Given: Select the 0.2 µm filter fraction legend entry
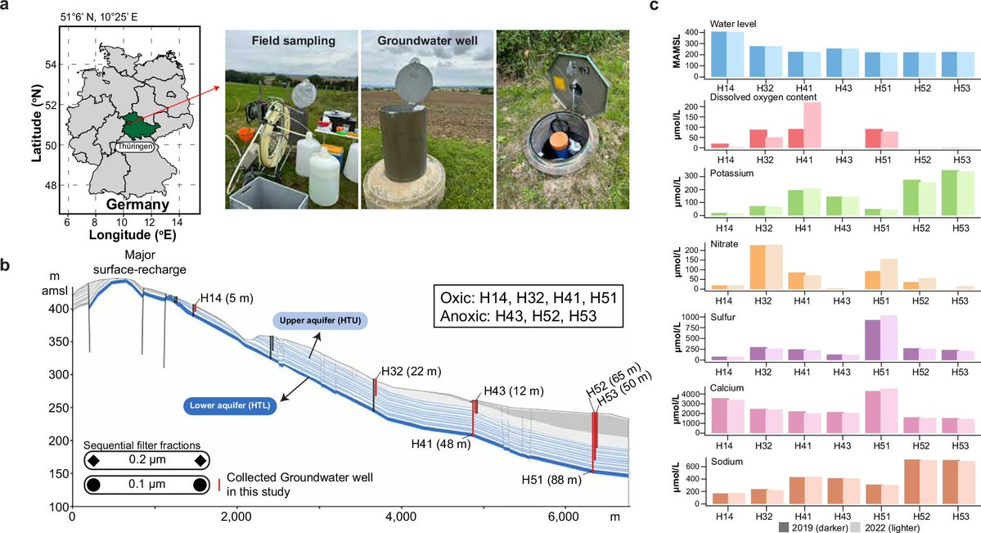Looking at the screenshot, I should [x=144, y=461].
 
